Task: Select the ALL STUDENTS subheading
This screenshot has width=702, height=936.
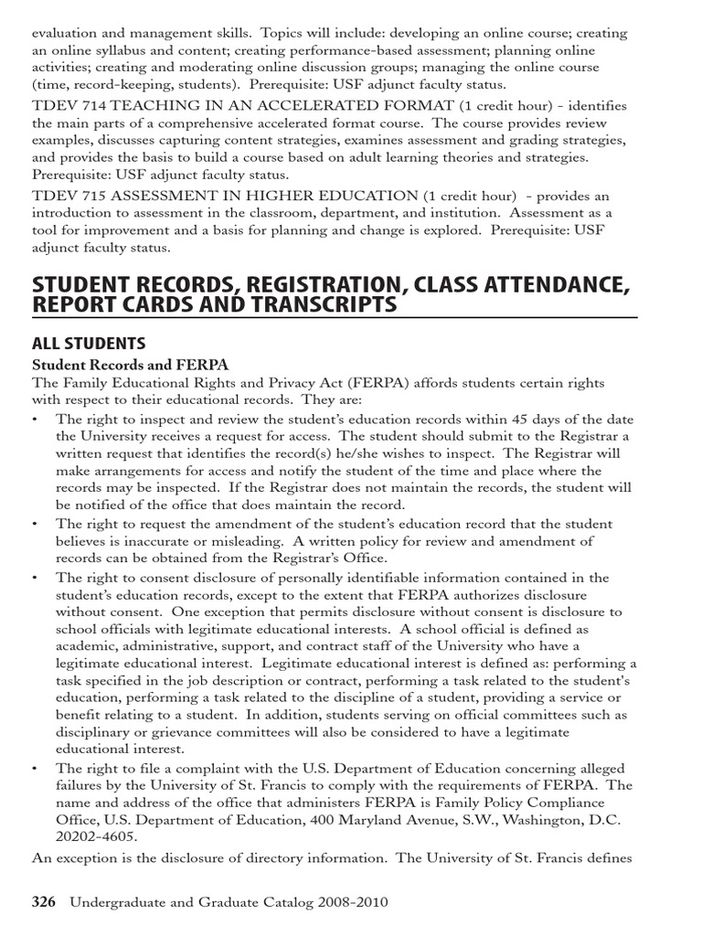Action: [x=89, y=344]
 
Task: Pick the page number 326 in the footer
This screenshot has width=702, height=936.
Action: [x=44, y=902]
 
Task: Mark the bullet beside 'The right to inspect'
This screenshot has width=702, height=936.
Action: [x=36, y=419]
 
